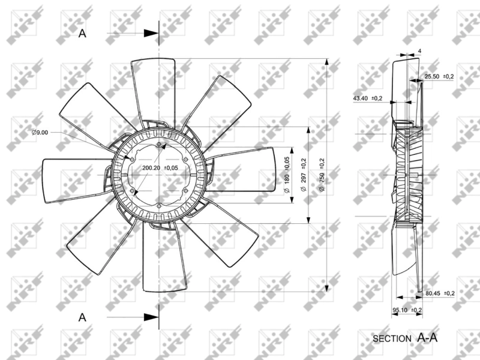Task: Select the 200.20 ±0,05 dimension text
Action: (160, 168)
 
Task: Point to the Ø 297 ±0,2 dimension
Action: (304, 175)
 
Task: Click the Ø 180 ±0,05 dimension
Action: (287, 175)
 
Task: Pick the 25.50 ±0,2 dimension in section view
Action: (439, 77)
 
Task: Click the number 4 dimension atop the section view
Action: (419, 51)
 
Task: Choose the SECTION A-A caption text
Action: (405, 338)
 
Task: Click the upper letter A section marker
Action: (83, 34)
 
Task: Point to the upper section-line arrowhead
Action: (152, 34)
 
